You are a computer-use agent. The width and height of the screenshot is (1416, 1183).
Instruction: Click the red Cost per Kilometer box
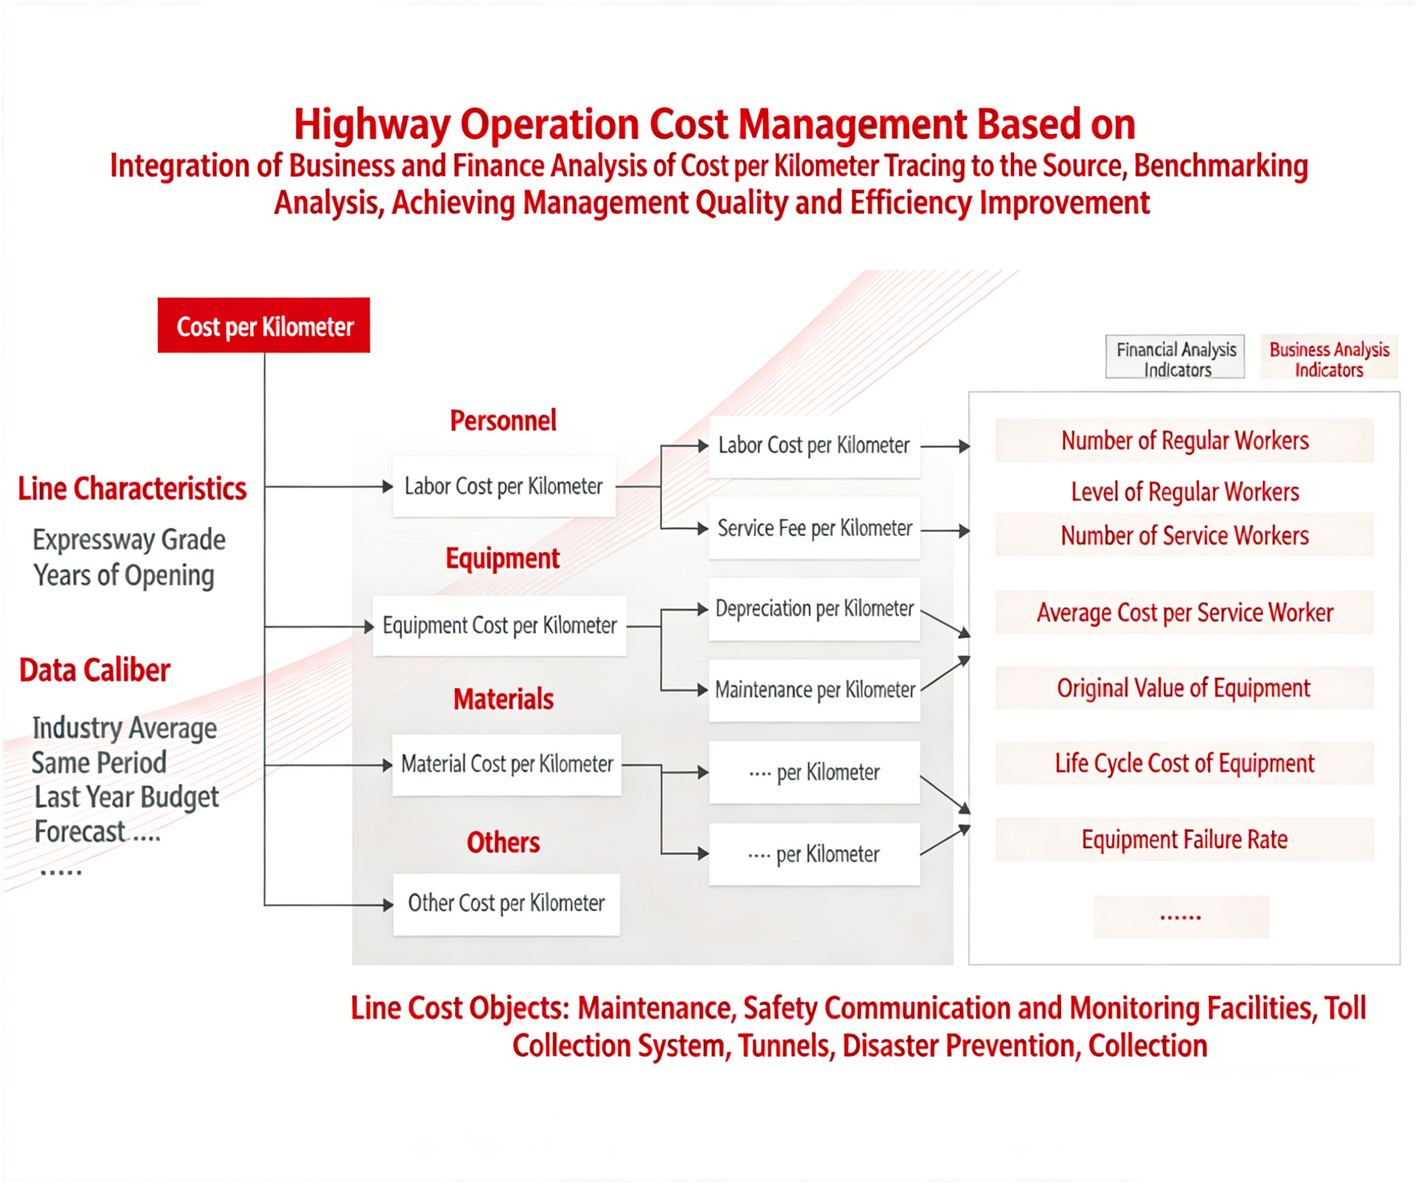click(264, 325)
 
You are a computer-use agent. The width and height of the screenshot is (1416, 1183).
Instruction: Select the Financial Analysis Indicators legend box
click(1175, 357)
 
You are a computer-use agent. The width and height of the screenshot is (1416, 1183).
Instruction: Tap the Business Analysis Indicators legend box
click(1329, 357)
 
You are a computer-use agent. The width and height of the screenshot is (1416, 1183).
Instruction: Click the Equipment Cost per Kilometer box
click(499, 625)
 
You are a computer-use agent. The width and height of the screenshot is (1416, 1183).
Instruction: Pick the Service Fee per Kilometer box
click(815, 528)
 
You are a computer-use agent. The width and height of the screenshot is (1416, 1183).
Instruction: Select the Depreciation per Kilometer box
click(815, 609)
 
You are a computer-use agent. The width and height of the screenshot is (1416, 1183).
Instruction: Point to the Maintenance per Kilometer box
click(815, 690)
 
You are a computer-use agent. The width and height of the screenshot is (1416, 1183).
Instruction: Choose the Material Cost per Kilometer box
click(507, 765)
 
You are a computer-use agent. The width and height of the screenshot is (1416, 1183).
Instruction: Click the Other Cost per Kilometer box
click(506, 904)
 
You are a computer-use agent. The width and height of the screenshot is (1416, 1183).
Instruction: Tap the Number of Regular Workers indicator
click(1185, 441)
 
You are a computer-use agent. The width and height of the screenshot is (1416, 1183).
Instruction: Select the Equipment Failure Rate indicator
click(1185, 840)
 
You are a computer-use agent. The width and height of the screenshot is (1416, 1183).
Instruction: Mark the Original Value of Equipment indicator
click(1185, 688)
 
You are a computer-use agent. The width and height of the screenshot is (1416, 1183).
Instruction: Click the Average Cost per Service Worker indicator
click(1185, 613)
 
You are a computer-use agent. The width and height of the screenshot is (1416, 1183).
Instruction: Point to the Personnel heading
click(503, 421)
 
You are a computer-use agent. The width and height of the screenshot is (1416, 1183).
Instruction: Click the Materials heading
click(503, 699)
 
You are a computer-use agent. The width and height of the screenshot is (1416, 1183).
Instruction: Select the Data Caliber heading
click(94, 670)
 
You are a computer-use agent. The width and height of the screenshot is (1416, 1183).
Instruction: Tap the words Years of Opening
click(124, 576)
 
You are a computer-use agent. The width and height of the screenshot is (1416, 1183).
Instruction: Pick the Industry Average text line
click(125, 728)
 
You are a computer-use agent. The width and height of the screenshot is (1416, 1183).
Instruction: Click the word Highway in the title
click(372, 125)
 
